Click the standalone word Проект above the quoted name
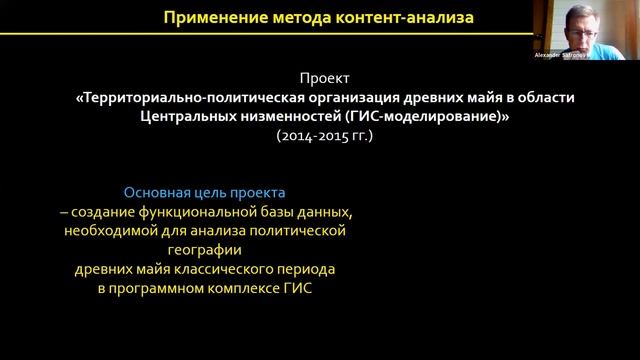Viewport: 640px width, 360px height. click(x=324, y=79)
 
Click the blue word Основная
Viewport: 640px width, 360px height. click(x=154, y=192)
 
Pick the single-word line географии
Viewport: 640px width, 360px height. click(x=207, y=250)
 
